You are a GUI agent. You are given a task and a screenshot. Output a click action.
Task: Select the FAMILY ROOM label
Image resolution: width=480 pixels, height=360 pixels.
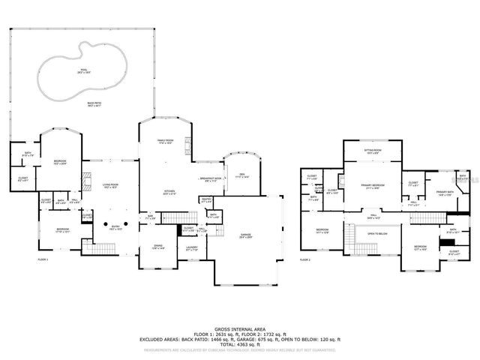(x=166, y=140)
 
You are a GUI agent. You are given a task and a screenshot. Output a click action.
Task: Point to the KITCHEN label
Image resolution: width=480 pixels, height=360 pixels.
(x=169, y=190)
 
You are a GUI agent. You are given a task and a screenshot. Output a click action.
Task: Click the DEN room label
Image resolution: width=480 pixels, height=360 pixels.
(x=242, y=174)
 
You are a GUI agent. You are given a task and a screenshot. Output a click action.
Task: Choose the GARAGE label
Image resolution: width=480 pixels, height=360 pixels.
(x=244, y=235)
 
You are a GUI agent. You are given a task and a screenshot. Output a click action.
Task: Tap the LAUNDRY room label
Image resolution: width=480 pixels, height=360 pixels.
(x=191, y=247)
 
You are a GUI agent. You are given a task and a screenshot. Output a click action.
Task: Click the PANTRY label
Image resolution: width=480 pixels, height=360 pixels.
(x=206, y=200)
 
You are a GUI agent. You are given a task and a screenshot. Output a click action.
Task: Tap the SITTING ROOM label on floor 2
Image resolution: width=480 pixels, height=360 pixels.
(x=373, y=150)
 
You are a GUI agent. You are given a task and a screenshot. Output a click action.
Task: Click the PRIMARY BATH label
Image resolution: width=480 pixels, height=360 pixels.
(x=445, y=193)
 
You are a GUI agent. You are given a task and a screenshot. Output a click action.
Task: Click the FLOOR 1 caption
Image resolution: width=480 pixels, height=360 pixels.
(x=43, y=259)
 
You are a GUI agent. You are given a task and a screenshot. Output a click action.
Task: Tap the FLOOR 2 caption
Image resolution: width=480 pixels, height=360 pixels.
(x=304, y=259)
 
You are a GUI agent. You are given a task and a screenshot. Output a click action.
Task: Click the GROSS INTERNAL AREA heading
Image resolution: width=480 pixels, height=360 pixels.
(x=241, y=329)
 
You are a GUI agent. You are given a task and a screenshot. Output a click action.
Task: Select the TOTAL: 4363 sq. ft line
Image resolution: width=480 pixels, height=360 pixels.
(x=241, y=343)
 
